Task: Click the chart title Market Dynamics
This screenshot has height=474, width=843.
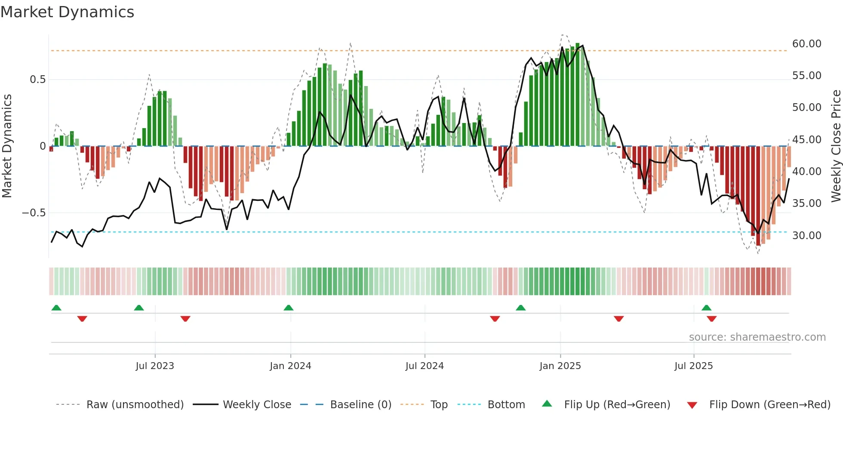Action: (67, 12)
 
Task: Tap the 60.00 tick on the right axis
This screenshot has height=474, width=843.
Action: (806, 44)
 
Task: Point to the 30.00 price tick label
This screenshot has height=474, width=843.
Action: (806, 236)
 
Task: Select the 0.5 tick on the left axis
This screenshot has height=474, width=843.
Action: (37, 80)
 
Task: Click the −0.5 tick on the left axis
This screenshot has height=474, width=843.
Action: (34, 213)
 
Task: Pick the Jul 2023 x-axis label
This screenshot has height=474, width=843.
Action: (155, 366)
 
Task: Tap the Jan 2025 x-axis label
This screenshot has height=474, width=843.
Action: (560, 366)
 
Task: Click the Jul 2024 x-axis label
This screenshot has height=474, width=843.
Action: (425, 366)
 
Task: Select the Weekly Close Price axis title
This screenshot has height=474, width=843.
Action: (836, 146)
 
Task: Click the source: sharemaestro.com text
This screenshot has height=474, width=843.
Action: (757, 337)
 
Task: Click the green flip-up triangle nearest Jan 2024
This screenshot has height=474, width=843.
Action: (289, 308)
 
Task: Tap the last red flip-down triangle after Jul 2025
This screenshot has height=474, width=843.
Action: (711, 319)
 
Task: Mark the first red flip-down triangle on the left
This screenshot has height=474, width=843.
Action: (82, 319)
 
